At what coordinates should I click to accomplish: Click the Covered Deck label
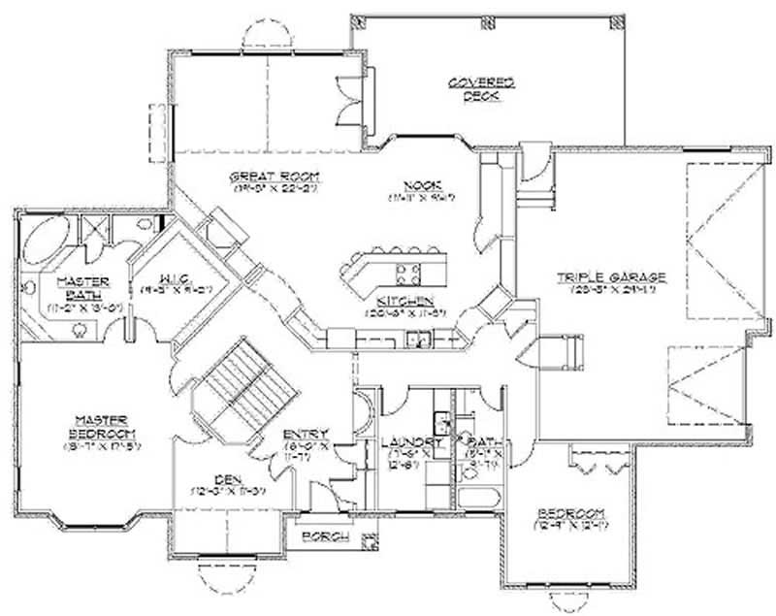[480, 88]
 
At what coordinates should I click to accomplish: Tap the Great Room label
[262, 177]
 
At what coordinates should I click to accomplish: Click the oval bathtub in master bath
[47, 241]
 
